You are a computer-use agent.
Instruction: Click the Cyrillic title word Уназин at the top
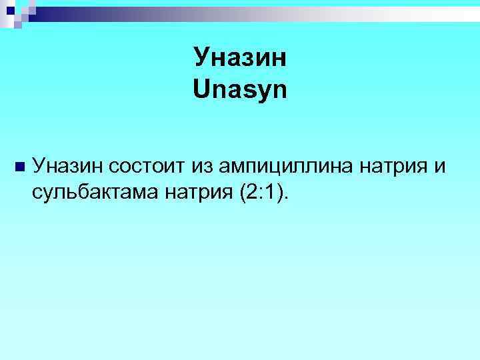point(240,57)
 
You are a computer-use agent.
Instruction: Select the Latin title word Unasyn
point(240,89)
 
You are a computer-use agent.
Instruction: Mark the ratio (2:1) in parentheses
point(260,193)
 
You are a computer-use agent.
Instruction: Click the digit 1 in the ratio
point(271,193)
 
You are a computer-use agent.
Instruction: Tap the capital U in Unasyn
point(201,89)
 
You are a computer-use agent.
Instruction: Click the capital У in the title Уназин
point(201,59)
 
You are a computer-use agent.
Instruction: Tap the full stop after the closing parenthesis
point(288,198)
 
